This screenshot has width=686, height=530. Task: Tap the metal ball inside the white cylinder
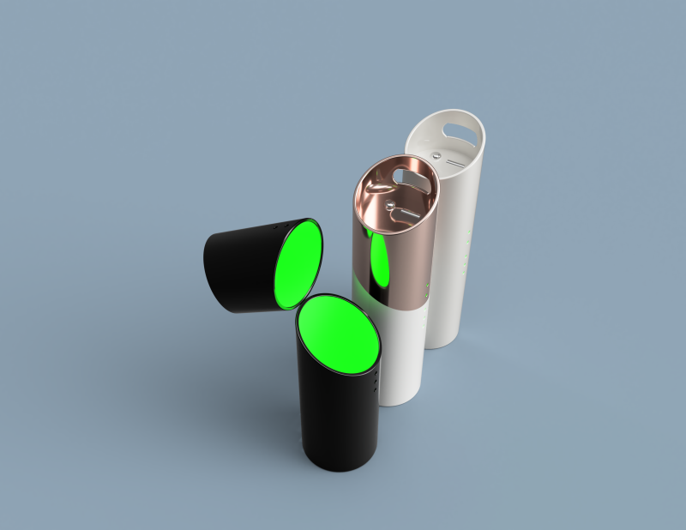tap(436, 155)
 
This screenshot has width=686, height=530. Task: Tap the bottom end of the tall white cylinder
tap(441, 343)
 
